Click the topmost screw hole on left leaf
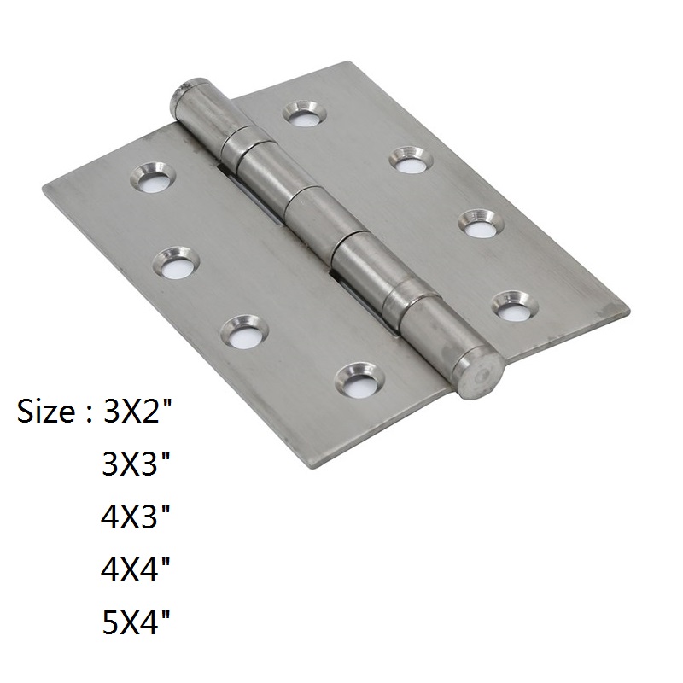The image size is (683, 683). point(153,178)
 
